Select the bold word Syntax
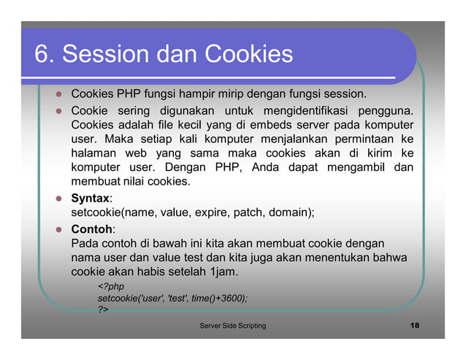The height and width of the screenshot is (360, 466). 90,198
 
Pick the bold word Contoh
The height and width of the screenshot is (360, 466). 91,229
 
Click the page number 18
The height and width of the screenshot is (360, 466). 415,325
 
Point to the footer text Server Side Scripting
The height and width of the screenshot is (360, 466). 233,325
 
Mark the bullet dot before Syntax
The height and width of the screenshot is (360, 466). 56,199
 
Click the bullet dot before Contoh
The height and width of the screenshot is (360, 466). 56,229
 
